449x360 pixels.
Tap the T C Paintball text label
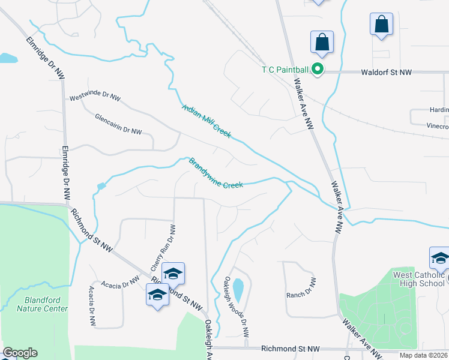point(286,70)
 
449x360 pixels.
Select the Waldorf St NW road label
point(386,72)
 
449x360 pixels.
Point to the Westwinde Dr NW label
point(95,96)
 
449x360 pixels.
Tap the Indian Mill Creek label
point(206,121)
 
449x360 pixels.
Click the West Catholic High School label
point(419,279)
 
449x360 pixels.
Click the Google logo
point(20,353)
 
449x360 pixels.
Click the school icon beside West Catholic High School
point(440,259)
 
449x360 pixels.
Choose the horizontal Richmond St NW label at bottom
point(290,349)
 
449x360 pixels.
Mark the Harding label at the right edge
point(438,110)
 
